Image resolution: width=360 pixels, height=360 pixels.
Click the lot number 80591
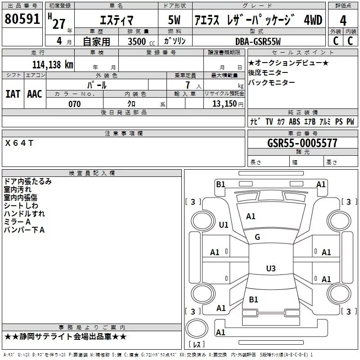pyautogui.click(x=22, y=19)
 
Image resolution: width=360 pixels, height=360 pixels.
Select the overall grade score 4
pyautogui.click(x=343, y=21)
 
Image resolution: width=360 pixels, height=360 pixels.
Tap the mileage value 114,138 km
pyautogui.click(x=53, y=65)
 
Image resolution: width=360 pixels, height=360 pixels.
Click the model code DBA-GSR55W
pyautogui.click(x=258, y=41)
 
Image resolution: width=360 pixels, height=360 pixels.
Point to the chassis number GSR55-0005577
pyautogui.click(x=302, y=143)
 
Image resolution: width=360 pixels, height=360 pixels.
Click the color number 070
pyautogui.click(x=75, y=104)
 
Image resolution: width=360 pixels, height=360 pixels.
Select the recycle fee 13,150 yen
pyautogui.click(x=228, y=104)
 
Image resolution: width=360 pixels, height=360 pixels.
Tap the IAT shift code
pyautogui.click(x=13, y=94)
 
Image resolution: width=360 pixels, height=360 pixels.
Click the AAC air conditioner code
pyautogui.click(x=35, y=94)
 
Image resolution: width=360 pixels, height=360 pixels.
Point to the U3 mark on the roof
pyautogui.click(x=271, y=268)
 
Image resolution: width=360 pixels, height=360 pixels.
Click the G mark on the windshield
pyautogui.click(x=257, y=237)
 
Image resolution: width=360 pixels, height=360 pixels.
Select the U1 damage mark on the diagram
pyautogui.click(x=224, y=225)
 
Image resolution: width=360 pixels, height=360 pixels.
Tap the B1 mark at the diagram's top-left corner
pyautogui.click(x=220, y=184)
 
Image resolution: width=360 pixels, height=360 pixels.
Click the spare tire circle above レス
pyautogui.click(x=197, y=328)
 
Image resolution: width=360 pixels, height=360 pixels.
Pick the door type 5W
pyautogui.click(x=174, y=20)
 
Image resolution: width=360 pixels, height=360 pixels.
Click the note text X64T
pyautogui.click(x=19, y=143)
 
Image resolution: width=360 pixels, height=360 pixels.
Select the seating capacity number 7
pyautogui.click(x=188, y=85)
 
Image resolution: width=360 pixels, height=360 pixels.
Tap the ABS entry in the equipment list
pyautogui.click(x=294, y=121)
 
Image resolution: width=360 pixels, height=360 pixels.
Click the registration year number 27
pyautogui.click(x=59, y=24)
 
